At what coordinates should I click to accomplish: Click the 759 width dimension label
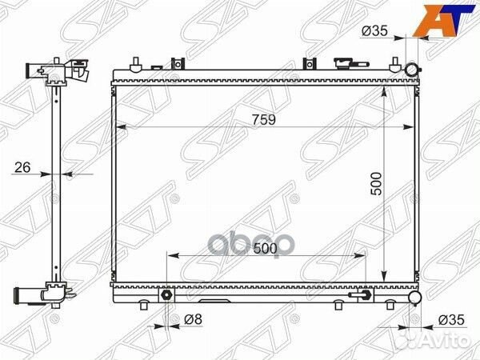click(x=264, y=120)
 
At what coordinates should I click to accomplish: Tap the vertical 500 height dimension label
click(x=376, y=184)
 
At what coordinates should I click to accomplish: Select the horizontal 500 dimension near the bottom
click(x=265, y=249)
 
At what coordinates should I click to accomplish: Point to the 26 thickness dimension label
click(x=22, y=167)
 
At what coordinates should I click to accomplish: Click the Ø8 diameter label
click(x=193, y=319)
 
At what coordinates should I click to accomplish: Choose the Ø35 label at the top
click(x=374, y=30)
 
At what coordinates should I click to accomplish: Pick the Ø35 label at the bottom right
click(x=451, y=320)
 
